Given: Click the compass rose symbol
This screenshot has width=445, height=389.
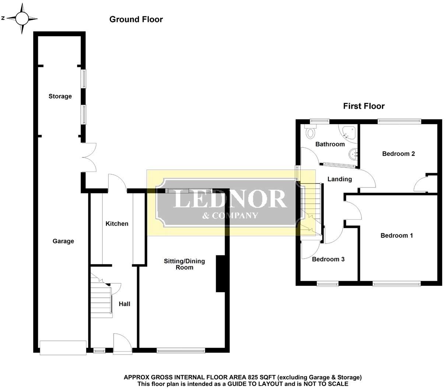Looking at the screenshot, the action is pyautogui.click(x=22, y=18).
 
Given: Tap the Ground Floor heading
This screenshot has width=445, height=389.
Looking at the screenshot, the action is pyautogui.click(x=136, y=20).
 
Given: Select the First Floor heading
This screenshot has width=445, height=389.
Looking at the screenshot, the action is pyautogui.click(x=364, y=106).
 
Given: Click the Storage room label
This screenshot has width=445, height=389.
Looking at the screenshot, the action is pyautogui.click(x=60, y=96).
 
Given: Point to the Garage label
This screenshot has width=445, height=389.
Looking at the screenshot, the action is pyautogui.click(x=63, y=241).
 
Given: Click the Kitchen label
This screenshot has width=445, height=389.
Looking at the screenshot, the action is pyautogui.click(x=117, y=224).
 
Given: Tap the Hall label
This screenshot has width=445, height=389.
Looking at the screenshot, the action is pyautogui.click(x=125, y=304).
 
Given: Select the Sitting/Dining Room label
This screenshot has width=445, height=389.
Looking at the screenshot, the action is pyautogui.click(x=184, y=264).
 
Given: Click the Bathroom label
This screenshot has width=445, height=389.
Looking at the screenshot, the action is pyautogui.click(x=330, y=144).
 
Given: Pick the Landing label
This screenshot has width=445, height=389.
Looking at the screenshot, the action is pyautogui.click(x=340, y=179).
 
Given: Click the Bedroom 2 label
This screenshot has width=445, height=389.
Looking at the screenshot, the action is pyautogui.click(x=398, y=154).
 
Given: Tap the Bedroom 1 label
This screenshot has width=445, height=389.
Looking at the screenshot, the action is pyautogui.click(x=396, y=235).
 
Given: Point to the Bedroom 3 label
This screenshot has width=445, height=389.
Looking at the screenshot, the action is pyautogui.click(x=328, y=259).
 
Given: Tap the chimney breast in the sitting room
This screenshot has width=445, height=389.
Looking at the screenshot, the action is pyautogui.click(x=220, y=274).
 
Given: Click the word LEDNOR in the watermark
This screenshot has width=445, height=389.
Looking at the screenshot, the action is pyautogui.click(x=230, y=199).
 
